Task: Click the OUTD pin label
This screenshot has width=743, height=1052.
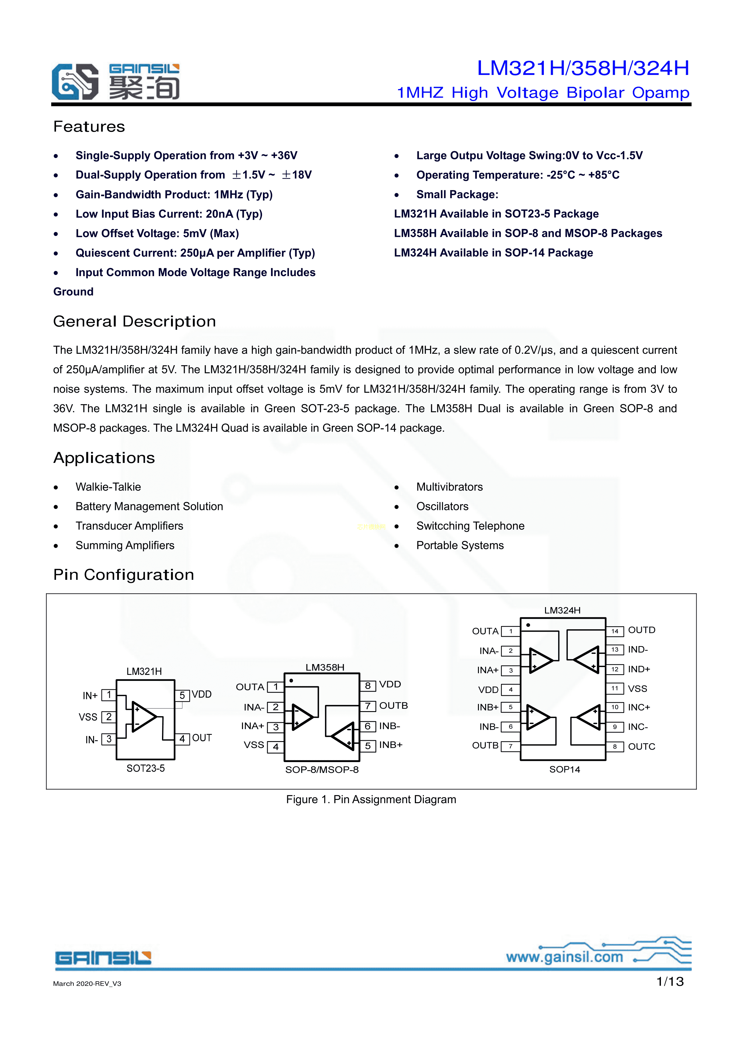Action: coord(641,630)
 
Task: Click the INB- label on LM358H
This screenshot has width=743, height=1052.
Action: coord(390,726)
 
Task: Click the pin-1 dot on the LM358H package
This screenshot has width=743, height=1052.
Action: coord(291,681)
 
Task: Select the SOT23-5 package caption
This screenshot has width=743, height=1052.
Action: coord(146,768)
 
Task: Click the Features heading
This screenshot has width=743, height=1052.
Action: coord(89,127)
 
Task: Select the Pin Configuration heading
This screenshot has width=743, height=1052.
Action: coord(124,575)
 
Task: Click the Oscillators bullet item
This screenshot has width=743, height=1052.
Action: coord(442,506)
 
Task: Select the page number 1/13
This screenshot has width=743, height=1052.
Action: coord(670,982)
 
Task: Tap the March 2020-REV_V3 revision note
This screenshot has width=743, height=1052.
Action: coord(87,984)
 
